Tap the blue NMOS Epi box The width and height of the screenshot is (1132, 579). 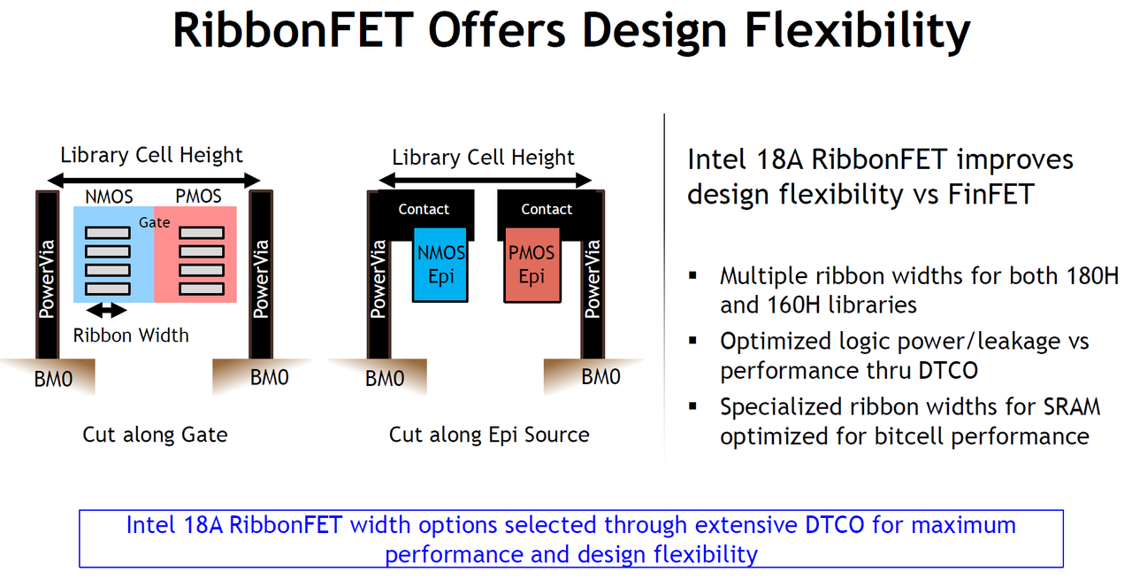click(x=440, y=265)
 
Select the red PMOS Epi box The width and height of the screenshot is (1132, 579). click(x=531, y=265)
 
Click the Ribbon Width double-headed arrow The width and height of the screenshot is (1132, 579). click(x=107, y=311)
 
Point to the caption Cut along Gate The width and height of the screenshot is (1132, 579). click(x=155, y=435)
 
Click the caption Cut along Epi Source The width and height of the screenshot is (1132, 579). click(x=489, y=435)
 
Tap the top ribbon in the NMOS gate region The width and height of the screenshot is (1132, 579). click(x=108, y=233)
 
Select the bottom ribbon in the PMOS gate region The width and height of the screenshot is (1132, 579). click(x=202, y=289)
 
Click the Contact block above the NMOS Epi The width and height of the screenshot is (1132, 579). click(x=424, y=209)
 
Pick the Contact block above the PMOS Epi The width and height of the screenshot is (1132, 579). click(x=547, y=209)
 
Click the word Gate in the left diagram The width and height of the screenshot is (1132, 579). click(x=154, y=222)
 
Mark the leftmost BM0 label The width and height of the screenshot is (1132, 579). click(x=52, y=379)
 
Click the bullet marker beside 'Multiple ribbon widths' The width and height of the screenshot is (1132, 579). click(x=693, y=276)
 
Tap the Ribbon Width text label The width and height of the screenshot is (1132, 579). click(x=131, y=336)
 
